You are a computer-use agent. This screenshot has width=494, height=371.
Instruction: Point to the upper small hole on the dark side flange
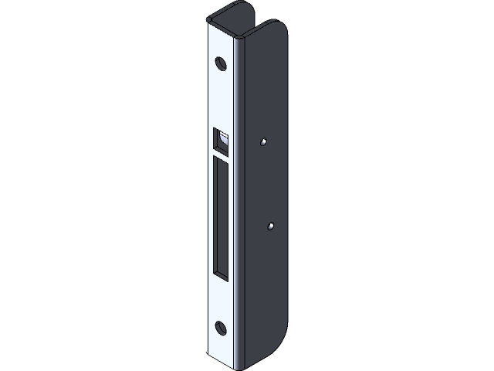coord(264,142)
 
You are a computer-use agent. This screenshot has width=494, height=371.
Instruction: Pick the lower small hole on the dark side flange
coord(270,226)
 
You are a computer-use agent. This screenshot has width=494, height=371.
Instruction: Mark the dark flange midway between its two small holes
coord(267,185)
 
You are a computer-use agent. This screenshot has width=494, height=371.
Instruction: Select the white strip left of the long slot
coord(211,216)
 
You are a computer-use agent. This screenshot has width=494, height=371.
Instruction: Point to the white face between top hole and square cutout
coord(222,97)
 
